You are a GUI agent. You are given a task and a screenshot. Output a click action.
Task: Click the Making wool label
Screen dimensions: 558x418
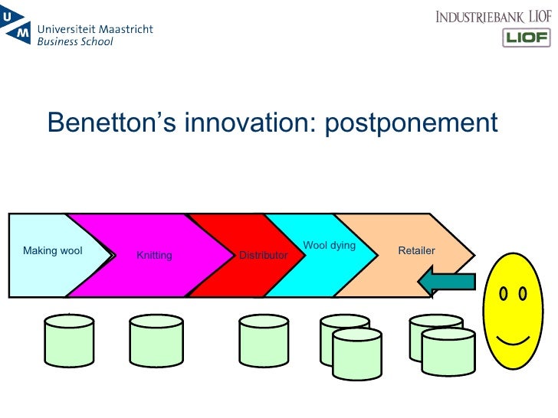[53, 250]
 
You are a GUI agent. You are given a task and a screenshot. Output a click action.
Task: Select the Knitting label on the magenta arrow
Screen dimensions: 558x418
[154, 256]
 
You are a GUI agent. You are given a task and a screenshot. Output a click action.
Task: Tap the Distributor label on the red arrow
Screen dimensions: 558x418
[263, 255]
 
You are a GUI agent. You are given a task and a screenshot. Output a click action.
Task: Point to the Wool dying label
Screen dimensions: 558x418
[330, 246]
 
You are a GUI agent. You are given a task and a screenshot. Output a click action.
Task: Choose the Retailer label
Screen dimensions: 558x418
[417, 250]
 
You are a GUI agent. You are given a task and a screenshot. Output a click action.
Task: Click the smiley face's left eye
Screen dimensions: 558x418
[504, 293]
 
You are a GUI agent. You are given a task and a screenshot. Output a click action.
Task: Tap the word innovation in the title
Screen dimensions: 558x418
[245, 122]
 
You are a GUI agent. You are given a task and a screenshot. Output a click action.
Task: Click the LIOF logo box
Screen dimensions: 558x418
[526, 38]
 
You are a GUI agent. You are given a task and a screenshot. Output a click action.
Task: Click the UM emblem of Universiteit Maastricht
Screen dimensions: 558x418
[16, 30]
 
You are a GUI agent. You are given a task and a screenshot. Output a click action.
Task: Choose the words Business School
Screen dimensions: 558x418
[75, 42]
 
